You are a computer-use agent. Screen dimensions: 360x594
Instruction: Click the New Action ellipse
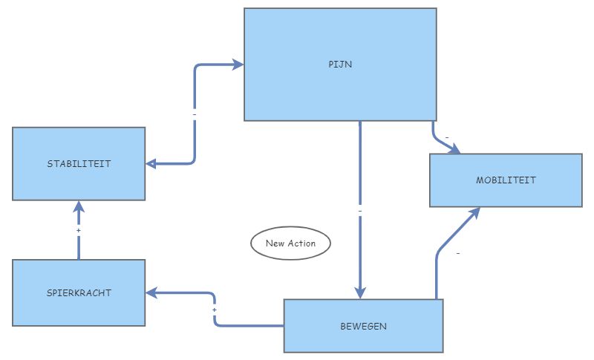click(x=290, y=243)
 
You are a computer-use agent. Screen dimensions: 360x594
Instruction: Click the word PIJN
click(x=340, y=64)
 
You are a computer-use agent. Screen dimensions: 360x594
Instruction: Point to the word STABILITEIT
click(x=79, y=163)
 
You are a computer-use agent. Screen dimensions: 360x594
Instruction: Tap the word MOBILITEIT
click(x=506, y=180)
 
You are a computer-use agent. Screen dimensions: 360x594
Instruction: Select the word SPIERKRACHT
click(x=79, y=292)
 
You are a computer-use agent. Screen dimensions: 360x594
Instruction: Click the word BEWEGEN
click(x=363, y=325)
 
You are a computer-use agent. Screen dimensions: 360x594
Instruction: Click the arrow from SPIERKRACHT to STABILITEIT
click(x=79, y=245)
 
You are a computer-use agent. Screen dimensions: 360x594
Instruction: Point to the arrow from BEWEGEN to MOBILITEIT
click(x=438, y=256)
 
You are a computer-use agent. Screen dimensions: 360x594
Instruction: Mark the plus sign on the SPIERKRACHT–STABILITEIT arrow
click(x=79, y=231)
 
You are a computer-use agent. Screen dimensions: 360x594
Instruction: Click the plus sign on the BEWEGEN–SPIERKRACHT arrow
click(x=215, y=309)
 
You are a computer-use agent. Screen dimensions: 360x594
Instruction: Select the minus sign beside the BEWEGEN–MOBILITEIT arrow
click(x=457, y=254)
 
